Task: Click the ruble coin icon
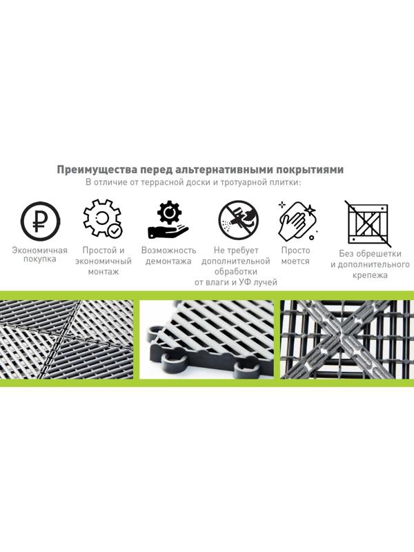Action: coord(39,220)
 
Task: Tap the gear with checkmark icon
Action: coord(102,219)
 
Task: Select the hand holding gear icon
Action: coord(168,219)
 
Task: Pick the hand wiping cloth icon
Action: coord(297,221)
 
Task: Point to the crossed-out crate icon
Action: coord(368,223)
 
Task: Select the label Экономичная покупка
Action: coord(39,255)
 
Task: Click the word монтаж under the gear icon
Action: coord(103,272)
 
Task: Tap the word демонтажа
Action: coord(168,262)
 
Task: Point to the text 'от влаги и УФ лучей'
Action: coord(235,283)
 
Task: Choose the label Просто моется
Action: coord(295,255)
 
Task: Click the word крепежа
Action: coord(369,275)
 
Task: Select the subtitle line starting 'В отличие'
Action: coord(198,183)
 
